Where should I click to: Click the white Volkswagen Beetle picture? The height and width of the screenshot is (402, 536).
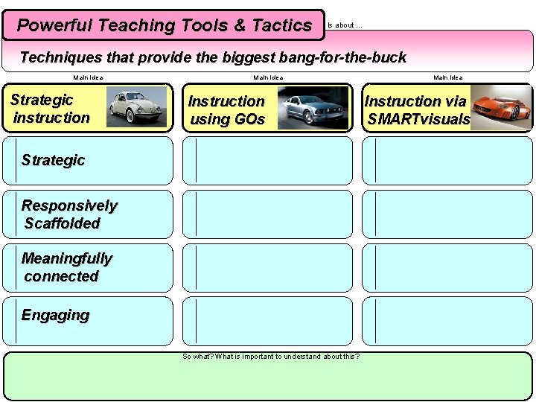pos(136,107)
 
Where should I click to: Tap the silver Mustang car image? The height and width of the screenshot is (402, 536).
pos(313,108)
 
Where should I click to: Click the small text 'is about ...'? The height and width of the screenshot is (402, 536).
pos(345,25)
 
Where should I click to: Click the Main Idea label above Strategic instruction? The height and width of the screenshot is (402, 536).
pos(88,77)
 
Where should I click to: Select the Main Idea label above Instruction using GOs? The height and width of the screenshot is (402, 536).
pos(268,77)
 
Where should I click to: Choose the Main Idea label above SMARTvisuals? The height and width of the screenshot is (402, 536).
pos(448,77)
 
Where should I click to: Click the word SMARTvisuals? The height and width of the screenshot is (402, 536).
pos(419,119)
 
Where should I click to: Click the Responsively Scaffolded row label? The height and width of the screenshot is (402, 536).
pos(69,214)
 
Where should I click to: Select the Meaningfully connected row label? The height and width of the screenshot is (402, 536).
pos(66,267)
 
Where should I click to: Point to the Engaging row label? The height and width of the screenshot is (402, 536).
pos(55,315)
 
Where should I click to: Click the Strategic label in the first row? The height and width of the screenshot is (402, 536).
pos(53,160)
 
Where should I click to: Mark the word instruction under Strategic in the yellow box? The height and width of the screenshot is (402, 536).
pos(51,118)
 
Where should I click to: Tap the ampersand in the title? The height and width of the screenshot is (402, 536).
pos(239,25)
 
